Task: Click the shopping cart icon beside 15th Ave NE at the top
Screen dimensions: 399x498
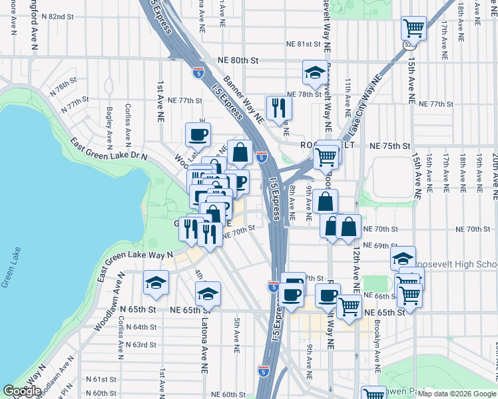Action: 413,29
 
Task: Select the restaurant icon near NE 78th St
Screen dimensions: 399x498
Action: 278,107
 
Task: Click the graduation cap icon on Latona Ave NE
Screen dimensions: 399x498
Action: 208,293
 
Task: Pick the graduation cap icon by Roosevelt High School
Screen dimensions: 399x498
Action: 403,258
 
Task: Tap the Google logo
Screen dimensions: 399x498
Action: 22,390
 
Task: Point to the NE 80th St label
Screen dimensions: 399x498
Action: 237,59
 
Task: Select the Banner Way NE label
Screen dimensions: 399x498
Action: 244,100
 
